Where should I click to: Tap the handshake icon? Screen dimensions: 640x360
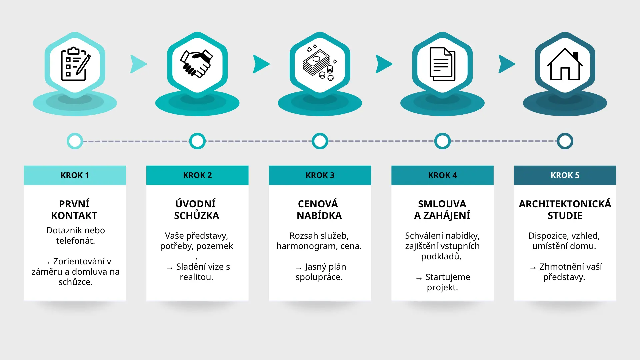click(x=197, y=64)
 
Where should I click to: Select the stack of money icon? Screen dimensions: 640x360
click(x=320, y=63)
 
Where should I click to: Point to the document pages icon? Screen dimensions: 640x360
click(x=442, y=64)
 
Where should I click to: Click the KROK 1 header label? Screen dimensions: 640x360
click(x=75, y=175)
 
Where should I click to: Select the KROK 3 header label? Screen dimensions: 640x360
click(x=320, y=175)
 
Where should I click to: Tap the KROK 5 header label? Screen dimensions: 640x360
click(x=565, y=175)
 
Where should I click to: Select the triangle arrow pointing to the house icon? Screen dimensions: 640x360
click(x=506, y=64)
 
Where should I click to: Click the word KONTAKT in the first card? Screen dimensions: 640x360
click(x=74, y=216)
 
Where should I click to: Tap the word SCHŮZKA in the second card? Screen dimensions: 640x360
click(x=197, y=215)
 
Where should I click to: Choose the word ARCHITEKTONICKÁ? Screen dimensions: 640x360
click(x=565, y=203)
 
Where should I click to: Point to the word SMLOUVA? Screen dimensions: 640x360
click(x=442, y=204)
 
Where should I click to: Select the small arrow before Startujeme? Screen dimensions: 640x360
click(x=419, y=278)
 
